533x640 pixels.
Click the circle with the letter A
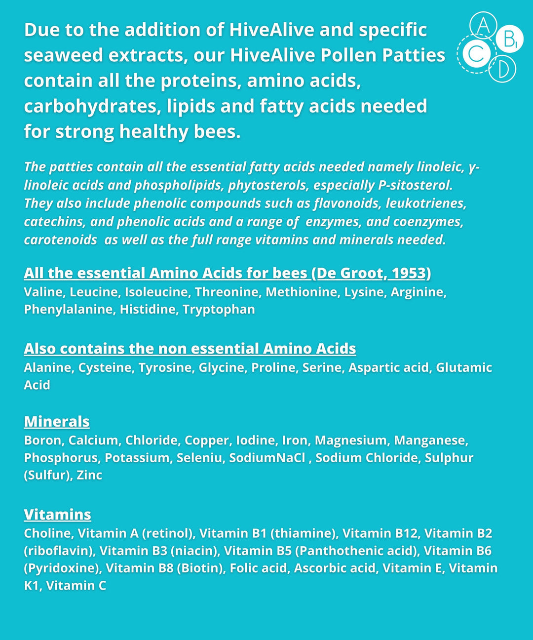tap(483, 25)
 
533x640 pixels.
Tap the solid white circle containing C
tap(476, 53)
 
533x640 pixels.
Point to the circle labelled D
tap(502, 70)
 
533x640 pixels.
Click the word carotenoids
tap(60, 240)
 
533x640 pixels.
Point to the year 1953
tap(408, 273)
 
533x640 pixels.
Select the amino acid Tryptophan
tap(219, 310)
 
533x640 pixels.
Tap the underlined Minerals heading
tap(57, 422)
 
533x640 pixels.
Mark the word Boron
tap(43, 440)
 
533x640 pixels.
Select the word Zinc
tap(89, 475)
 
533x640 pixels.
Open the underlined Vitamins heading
tap(57, 515)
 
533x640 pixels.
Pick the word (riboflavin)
tap(58, 551)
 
